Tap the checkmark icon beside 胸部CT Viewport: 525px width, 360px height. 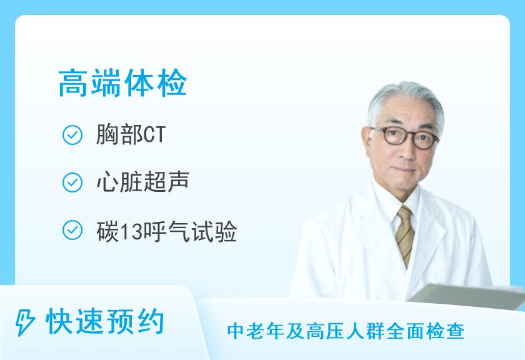[73, 135]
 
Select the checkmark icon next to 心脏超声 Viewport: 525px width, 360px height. [73, 183]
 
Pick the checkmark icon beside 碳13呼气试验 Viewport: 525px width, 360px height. [73, 231]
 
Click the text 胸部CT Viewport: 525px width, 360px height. [130, 135]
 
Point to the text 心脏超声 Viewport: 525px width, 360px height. [142, 183]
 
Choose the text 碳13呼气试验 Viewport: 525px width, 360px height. [166, 231]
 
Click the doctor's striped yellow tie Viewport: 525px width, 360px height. [405, 234]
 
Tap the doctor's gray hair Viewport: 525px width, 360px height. [400, 103]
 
